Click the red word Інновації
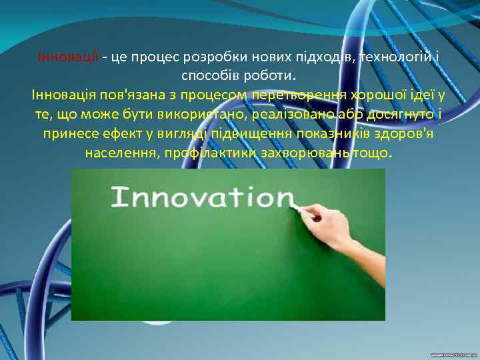tap(69, 57)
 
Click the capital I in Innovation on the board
tap(117, 198)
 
